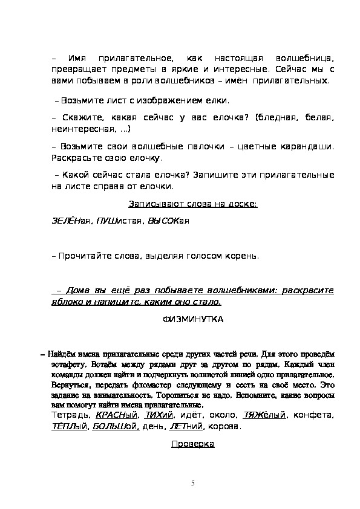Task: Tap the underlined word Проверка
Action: (193, 444)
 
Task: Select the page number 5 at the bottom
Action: (192, 483)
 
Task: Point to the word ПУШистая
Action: (107, 222)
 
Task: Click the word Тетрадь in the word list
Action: (67, 415)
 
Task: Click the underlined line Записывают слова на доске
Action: (193, 204)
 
